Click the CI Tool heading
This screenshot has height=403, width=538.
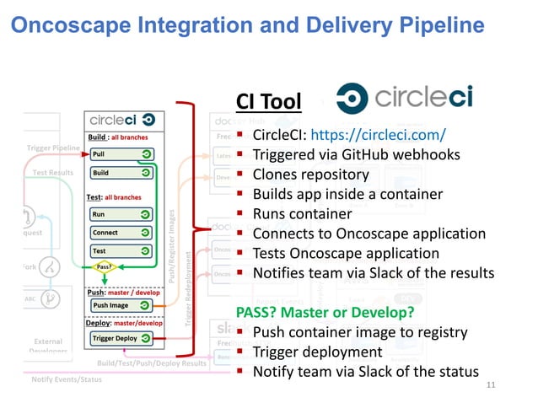point(268,103)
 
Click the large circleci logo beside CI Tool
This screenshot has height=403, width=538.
point(404,98)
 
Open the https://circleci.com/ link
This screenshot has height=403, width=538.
point(379,135)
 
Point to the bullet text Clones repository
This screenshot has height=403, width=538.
point(311,175)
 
